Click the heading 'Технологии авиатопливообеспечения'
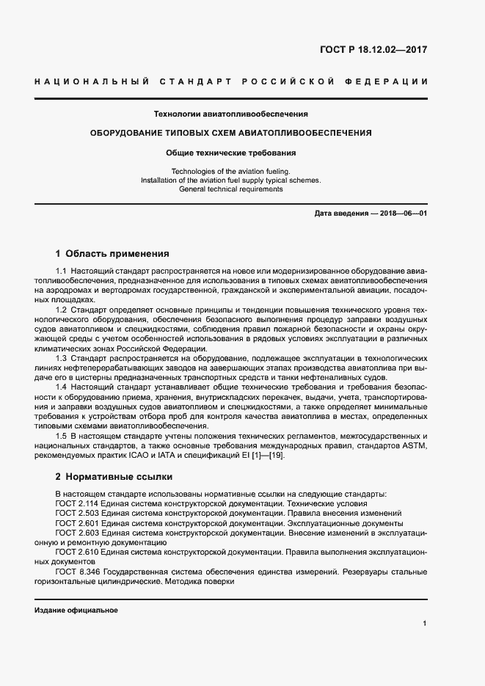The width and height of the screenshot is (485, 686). click(230, 114)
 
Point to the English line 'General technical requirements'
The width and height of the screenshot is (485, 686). click(230, 189)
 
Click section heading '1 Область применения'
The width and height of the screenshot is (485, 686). click(112, 253)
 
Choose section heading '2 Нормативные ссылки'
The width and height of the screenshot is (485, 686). click(114, 475)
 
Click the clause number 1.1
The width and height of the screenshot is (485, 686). click(62, 271)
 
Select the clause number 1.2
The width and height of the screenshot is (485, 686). click(62, 310)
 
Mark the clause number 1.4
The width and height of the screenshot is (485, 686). click(62, 386)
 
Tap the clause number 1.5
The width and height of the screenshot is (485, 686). click(62, 436)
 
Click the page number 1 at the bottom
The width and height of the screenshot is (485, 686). click(425, 623)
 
